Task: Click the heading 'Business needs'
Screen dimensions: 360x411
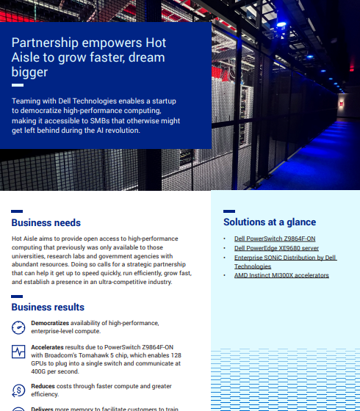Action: pos(46,222)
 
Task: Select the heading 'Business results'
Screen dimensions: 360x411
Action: pos(48,307)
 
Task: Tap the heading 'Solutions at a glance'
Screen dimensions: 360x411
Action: pos(270,222)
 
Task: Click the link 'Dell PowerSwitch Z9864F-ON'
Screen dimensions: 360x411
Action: pos(274,239)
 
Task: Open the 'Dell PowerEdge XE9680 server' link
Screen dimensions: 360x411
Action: pos(277,248)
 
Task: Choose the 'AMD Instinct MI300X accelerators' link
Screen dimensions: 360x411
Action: pos(281,275)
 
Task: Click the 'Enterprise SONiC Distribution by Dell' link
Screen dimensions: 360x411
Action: pos(284,258)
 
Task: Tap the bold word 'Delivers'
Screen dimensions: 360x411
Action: pos(45,408)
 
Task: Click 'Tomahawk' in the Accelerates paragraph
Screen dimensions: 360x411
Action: pos(108,354)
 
